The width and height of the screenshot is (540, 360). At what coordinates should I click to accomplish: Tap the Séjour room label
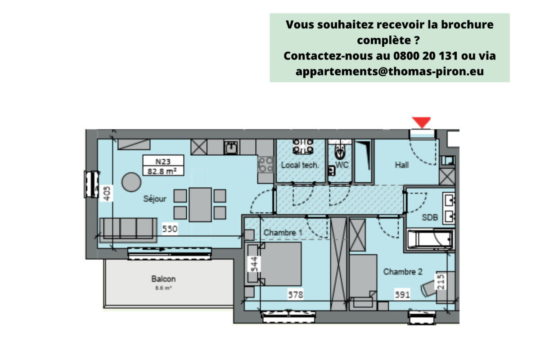coord(155,198)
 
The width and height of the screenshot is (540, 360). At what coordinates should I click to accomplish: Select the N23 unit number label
coord(162,161)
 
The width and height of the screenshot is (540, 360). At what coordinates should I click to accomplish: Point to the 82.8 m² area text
coord(162,171)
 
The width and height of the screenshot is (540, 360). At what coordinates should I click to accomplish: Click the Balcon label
coord(163,279)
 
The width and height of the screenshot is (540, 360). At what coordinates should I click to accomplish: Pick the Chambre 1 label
coord(283,233)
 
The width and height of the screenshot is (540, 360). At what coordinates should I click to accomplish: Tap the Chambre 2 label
coord(403,272)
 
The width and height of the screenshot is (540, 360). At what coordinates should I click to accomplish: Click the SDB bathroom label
coord(430,217)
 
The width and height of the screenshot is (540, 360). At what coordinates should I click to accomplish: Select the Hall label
coord(402,166)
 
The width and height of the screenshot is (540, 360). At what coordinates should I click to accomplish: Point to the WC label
coord(342,165)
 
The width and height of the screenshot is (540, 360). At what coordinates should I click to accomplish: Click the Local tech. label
coord(300,165)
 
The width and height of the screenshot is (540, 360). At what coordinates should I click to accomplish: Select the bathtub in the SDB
coord(430,239)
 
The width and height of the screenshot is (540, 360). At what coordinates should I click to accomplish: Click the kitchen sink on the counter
coord(232,147)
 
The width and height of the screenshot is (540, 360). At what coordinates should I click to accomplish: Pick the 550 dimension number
coord(170,229)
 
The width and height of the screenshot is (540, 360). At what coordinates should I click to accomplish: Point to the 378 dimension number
coord(296,295)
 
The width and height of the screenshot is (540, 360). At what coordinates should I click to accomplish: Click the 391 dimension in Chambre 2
coord(402,295)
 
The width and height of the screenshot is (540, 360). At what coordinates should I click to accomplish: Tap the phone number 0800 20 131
coord(425,56)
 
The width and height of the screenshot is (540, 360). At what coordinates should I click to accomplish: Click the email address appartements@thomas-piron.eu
coord(390,71)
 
